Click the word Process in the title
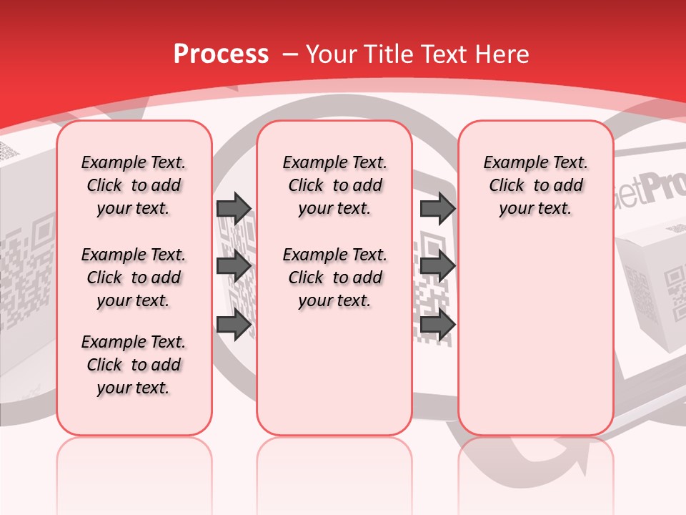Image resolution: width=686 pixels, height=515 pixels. (221, 54)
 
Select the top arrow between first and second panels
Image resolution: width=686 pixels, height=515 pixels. (234, 208)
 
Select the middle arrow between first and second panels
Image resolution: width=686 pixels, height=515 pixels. (234, 267)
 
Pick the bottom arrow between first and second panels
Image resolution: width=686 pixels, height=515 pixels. (234, 325)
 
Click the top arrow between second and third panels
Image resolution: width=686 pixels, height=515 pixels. (437, 208)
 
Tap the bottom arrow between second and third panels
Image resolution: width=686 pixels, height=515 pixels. (437, 325)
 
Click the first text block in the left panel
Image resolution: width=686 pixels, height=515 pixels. (134, 185)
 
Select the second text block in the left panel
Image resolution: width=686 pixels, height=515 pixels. (134, 278)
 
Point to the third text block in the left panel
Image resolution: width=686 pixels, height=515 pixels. (134, 365)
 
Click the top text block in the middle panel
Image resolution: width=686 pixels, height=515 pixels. (334, 185)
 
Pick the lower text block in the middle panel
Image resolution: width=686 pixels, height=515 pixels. (334, 278)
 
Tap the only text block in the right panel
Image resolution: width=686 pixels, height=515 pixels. (535, 185)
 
